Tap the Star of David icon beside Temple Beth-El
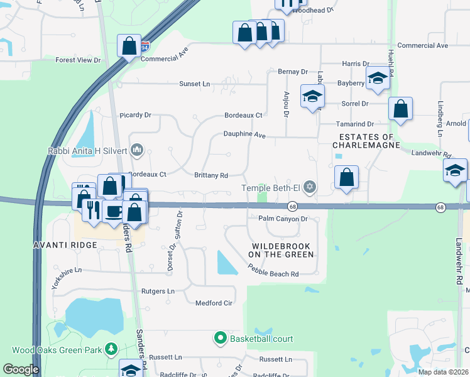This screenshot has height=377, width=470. point(309,187)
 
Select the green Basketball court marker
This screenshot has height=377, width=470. point(220,339)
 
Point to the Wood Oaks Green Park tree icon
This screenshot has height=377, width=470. point(111,348)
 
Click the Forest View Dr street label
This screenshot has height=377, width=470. point(78,60)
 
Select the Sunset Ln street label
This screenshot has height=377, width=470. point(194,84)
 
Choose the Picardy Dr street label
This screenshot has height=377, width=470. point(136,115)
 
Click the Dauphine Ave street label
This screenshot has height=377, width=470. point(246,134)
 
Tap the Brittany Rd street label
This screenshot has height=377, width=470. point(210,176)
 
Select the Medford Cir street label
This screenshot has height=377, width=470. point(214,303)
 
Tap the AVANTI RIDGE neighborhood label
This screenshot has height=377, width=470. point(70,244)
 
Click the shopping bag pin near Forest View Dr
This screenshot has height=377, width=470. point(129,46)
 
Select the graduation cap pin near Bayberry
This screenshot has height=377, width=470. point(378,79)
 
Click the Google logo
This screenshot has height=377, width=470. point(21,369)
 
